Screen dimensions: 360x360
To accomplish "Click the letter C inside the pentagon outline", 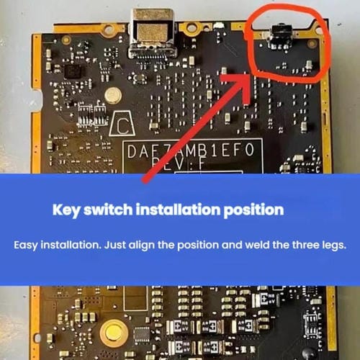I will (123, 128).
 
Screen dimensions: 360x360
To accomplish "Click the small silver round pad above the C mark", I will (112, 95).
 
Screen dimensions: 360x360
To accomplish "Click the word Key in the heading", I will (67, 210).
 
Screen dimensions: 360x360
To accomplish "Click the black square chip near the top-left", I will (73, 70).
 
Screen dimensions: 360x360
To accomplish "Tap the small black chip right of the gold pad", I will (142, 334).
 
